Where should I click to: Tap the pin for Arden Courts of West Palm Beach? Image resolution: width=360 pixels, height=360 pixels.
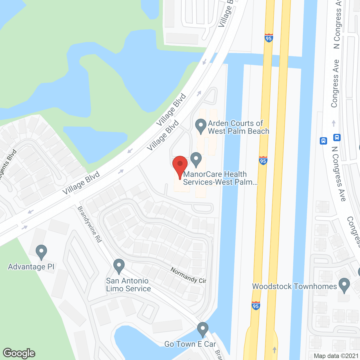click(201, 126)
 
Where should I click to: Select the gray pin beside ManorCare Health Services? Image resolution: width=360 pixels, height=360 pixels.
click(196, 159)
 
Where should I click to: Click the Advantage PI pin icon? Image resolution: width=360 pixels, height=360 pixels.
click(41, 252)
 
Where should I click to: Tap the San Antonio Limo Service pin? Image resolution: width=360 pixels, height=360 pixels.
click(119, 266)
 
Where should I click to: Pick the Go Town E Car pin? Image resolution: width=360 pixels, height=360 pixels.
click(202, 329)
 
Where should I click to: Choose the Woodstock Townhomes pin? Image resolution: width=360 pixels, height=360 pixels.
click(344, 285)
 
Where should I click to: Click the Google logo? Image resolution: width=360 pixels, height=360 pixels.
click(19, 353)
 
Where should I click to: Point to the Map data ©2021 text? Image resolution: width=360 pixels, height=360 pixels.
click(336, 356)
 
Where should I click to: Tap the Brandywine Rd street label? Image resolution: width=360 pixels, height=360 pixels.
click(89, 224)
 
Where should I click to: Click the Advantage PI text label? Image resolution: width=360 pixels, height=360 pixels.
click(31, 267)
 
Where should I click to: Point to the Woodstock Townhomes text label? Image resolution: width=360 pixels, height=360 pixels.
click(294, 286)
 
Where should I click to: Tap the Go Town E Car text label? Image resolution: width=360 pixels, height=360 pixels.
click(190, 344)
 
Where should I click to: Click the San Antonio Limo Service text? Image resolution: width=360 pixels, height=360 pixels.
click(128, 285)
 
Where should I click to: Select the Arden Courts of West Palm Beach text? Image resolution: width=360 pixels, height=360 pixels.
click(238, 127)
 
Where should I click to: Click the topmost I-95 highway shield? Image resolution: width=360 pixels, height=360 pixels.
click(269, 38)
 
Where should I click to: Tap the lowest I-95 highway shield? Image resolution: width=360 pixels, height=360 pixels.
click(256, 306)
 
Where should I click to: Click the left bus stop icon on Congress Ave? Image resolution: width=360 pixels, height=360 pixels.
click(323, 141)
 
